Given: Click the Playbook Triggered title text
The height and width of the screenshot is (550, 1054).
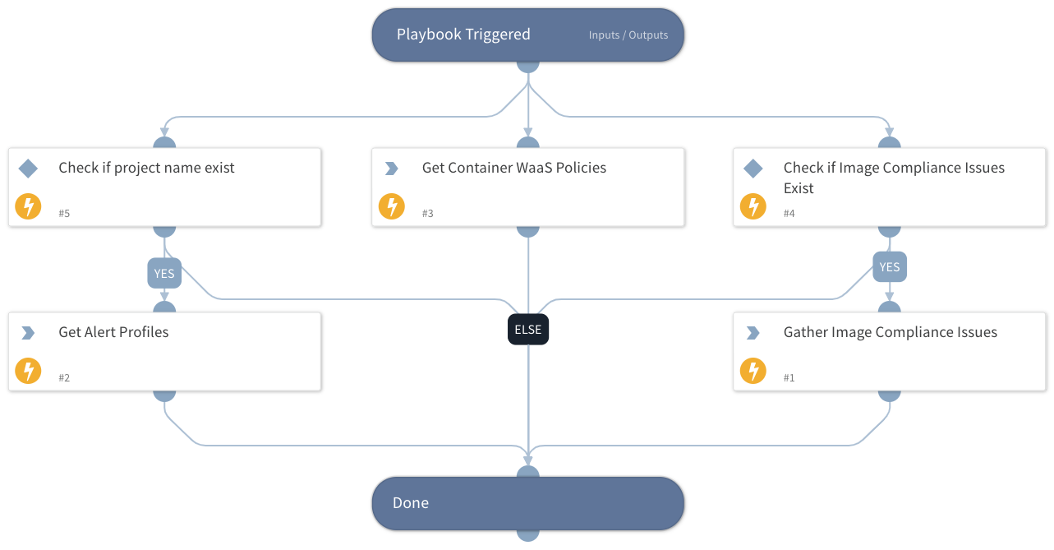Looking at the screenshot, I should coord(463,35).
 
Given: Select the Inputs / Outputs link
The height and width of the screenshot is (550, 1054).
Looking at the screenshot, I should coord(628,35).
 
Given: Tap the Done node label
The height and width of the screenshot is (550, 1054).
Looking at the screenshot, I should coord(411,503).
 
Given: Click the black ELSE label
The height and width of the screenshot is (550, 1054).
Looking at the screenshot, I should coord(527,330).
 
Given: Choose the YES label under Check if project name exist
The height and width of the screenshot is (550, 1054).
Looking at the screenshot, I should coord(164,273).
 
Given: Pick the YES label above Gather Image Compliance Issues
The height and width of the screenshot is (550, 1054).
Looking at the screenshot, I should coord(889,266).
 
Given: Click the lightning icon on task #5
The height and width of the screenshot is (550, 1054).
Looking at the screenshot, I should coord(29,206).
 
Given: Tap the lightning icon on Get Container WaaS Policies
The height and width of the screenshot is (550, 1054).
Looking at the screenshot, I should coord(392,206).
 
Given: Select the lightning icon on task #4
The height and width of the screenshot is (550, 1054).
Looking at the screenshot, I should coord(753,206).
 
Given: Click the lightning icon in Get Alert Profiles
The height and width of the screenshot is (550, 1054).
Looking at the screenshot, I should coord(29,371).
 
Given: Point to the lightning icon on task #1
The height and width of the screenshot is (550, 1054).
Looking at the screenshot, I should coord(753,371).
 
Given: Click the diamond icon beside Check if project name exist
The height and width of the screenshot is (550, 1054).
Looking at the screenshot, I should coord(28,169).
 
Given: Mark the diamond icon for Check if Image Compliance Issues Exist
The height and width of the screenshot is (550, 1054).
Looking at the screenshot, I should coord(753,169).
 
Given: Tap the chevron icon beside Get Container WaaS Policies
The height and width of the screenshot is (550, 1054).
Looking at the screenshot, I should coord(391,169).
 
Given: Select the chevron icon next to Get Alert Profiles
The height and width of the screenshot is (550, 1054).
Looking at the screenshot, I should coord(28,333).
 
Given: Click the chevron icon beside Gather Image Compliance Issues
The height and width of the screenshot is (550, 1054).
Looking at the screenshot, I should coord(753,333).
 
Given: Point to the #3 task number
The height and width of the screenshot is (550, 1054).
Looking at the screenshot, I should coord(427,214).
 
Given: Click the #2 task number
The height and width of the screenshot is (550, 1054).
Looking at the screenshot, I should coord(64,378).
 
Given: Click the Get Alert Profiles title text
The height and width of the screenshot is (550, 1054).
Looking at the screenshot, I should coord(113,332).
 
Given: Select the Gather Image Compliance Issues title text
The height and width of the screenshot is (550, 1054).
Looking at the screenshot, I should coord(890,332).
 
